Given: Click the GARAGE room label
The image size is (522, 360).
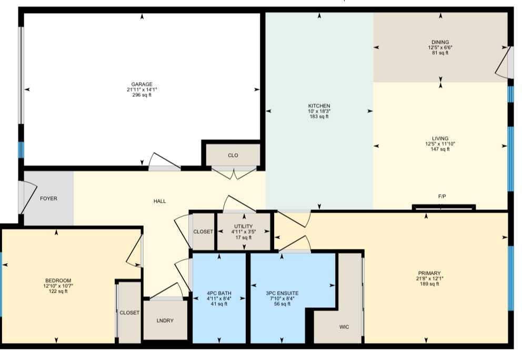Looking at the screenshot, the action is [142, 84].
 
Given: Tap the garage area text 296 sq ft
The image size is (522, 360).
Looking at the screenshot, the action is [142, 95].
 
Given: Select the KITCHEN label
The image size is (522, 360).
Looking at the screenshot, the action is [319, 106].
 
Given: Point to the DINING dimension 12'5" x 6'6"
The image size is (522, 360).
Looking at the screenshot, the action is [440, 47].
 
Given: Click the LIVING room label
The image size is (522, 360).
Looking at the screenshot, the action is [440, 138].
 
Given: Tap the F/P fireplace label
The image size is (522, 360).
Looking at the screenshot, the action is [442, 196].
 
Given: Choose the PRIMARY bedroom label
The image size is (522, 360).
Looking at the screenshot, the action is [429, 273].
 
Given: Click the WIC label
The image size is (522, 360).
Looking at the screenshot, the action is [344, 327].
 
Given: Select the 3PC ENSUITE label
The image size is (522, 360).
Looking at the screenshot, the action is [282, 293].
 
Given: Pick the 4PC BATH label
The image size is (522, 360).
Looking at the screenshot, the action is [219, 293].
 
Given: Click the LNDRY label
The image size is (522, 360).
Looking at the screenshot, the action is [165, 321].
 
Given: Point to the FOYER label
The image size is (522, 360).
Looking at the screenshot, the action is [48, 198].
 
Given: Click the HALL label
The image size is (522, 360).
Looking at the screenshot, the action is [160, 201].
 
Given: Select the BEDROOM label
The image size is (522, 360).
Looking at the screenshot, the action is [58, 281].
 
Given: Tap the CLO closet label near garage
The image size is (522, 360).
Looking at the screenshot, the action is [233, 155].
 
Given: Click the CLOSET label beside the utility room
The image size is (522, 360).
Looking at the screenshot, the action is [203, 232].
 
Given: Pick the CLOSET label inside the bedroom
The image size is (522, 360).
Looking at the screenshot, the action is [129, 313].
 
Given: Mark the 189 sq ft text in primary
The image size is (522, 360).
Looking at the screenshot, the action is [429, 284].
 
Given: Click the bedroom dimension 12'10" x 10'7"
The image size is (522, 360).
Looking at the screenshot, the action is [58, 286].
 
